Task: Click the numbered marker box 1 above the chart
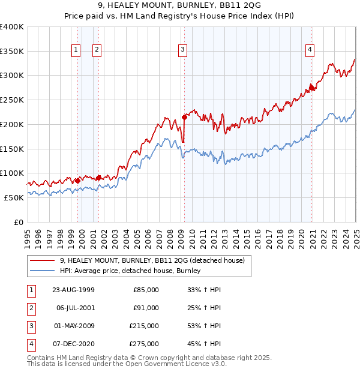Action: point(77,50)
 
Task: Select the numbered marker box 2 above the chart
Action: point(97,50)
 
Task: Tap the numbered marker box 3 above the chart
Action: point(182,50)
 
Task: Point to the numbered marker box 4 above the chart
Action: point(310,50)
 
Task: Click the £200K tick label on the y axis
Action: point(12,124)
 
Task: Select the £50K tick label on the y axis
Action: point(14,197)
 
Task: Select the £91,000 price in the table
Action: point(146,308)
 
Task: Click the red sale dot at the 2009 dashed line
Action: point(184,117)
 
